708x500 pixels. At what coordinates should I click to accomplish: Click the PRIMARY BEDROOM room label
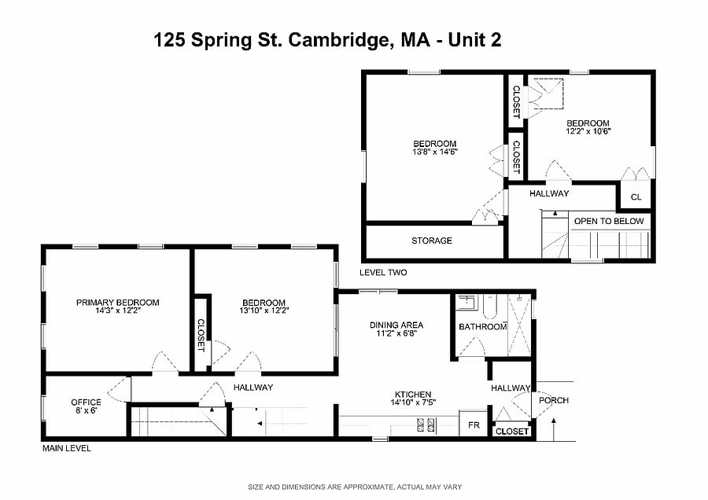117,303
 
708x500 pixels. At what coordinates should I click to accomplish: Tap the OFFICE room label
86,402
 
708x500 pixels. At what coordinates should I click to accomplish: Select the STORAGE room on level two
434,242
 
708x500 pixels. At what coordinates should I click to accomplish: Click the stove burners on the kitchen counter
426,423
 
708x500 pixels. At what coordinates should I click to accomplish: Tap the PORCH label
554,400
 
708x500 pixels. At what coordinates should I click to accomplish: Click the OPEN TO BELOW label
609,221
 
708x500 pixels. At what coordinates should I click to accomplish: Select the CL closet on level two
636,195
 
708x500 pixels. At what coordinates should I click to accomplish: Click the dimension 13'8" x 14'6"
435,152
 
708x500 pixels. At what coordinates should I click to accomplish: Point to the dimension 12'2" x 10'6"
588,131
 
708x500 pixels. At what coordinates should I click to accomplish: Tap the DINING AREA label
396,325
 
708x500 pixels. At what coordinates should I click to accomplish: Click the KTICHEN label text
413,395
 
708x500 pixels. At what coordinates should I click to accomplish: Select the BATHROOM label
483,327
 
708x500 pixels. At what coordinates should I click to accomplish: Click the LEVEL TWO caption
383,273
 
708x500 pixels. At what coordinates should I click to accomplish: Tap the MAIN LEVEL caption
66,449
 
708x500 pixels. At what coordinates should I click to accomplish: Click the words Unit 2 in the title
474,40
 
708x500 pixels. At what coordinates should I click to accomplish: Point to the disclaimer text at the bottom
355,487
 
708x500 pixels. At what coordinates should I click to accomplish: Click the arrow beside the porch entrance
554,428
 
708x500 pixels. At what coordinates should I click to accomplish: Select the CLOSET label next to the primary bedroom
201,335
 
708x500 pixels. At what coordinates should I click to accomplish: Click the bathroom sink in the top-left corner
466,303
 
